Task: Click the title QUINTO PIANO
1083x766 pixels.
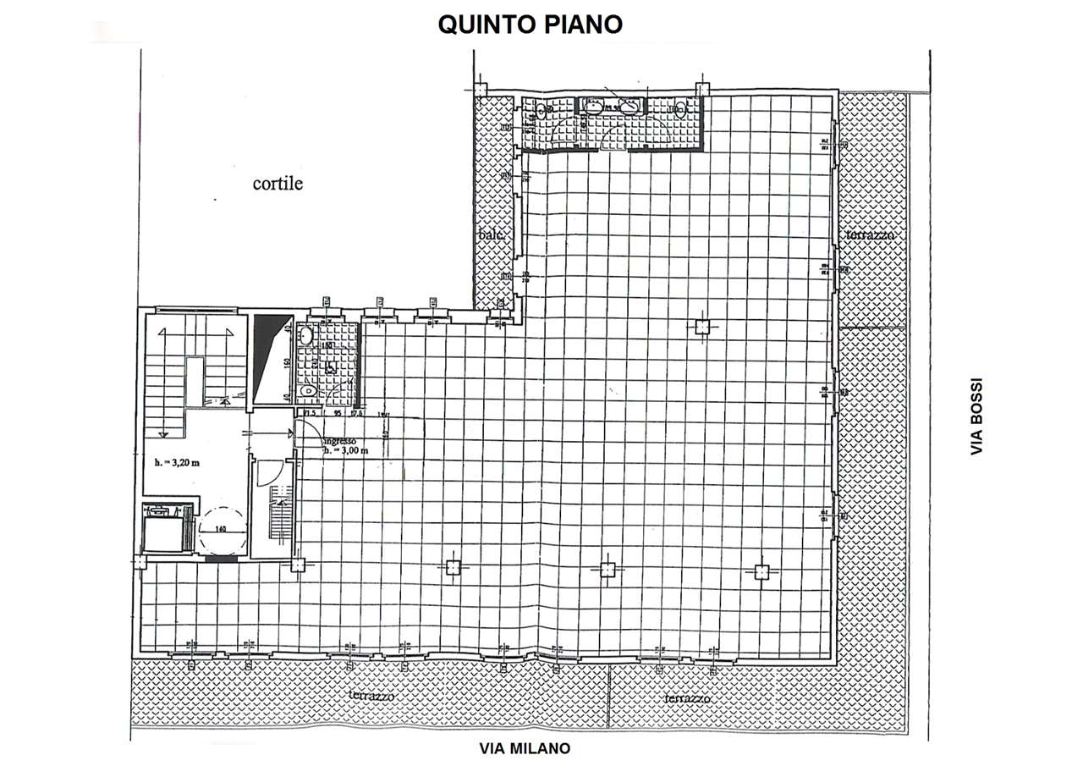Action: pos(530,25)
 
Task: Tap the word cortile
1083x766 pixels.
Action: pos(278,184)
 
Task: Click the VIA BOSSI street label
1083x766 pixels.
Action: pos(977,416)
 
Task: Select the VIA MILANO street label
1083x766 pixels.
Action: pos(525,749)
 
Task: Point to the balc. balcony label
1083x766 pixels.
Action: pos(492,237)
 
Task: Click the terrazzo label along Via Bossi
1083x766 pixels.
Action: pos(869,234)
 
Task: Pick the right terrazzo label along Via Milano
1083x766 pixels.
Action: pos(687,699)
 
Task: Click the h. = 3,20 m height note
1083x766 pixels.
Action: pos(176,462)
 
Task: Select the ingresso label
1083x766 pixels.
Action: pos(343,441)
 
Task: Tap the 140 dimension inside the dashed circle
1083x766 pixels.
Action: pos(222,530)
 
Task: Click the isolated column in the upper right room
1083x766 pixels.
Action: pos(701,328)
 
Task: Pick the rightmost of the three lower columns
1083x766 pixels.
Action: pos(761,572)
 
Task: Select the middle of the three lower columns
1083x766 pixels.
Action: pos(607,570)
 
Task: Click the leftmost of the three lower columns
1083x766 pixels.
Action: pos(453,568)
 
